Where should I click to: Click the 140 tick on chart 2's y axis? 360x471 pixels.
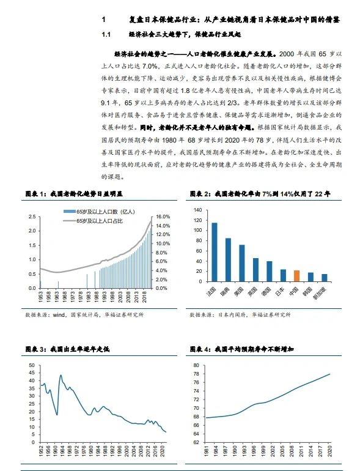pos(197,210)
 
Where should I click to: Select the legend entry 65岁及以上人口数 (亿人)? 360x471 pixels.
pos(101,211)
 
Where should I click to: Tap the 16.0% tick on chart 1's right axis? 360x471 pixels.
pos(162,217)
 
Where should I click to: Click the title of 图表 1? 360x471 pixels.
pos(74,193)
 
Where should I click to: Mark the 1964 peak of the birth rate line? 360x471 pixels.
pos(61,375)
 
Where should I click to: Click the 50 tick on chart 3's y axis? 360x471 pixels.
pos(32,365)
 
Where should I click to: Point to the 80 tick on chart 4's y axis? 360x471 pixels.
pos(197,365)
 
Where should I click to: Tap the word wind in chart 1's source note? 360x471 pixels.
pos(58,314)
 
